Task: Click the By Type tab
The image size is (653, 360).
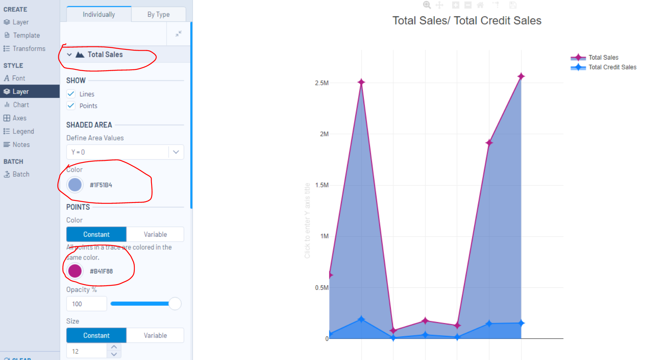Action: tap(158, 14)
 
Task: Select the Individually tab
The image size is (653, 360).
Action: tap(99, 14)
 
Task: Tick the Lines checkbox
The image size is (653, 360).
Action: tap(71, 94)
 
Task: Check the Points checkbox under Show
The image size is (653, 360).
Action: tap(71, 106)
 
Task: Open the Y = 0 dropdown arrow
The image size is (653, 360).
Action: tap(176, 152)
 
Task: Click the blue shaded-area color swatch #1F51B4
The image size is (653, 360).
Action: tap(75, 184)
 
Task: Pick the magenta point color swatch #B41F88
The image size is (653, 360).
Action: tap(75, 271)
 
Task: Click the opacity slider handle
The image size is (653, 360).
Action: tap(175, 304)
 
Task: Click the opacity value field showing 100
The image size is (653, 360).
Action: tap(86, 304)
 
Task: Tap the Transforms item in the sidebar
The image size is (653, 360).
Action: tap(29, 49)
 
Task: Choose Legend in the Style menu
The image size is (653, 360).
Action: tap(23, 131)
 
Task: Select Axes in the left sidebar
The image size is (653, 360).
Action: tap(19, 118)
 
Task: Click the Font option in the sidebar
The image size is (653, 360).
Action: tap(18, 78)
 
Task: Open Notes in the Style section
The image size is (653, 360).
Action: tap(21, 144)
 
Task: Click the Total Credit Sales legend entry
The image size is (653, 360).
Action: tap(612, 67)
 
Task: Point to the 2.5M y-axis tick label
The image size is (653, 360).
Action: tap(321, 83)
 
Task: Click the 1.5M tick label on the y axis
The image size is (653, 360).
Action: tap(321, 185)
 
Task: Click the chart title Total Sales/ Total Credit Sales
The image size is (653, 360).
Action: tap(467, 21)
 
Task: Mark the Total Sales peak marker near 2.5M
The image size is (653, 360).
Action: tap(361, 82)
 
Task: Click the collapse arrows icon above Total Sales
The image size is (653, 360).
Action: tap(178, 34)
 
